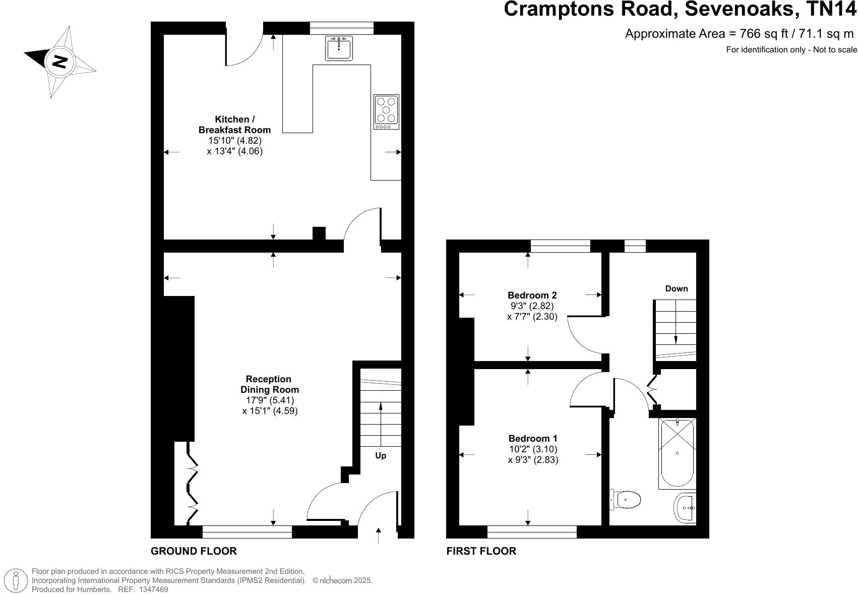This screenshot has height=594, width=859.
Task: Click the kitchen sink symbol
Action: (338, 48)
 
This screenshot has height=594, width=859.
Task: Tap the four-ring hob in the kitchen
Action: (386, 111)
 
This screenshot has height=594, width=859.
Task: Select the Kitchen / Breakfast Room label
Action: (235, 125)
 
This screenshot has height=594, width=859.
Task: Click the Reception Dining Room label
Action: (269, 384)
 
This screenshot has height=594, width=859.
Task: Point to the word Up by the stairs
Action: (381, 456)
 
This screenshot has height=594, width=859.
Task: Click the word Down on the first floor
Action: (676, 289)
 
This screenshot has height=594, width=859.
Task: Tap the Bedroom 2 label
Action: (532, 295)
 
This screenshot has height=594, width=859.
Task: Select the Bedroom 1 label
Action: (533, 439)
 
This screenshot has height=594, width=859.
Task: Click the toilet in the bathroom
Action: (626, 500)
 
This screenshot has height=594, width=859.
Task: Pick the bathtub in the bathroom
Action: (677, 453)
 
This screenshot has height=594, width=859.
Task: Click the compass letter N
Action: (60, 62)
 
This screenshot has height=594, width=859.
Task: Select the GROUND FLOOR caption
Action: (194, 551)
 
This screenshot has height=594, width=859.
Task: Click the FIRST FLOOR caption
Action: (481, 551)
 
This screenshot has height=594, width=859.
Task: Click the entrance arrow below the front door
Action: (379, 535)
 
